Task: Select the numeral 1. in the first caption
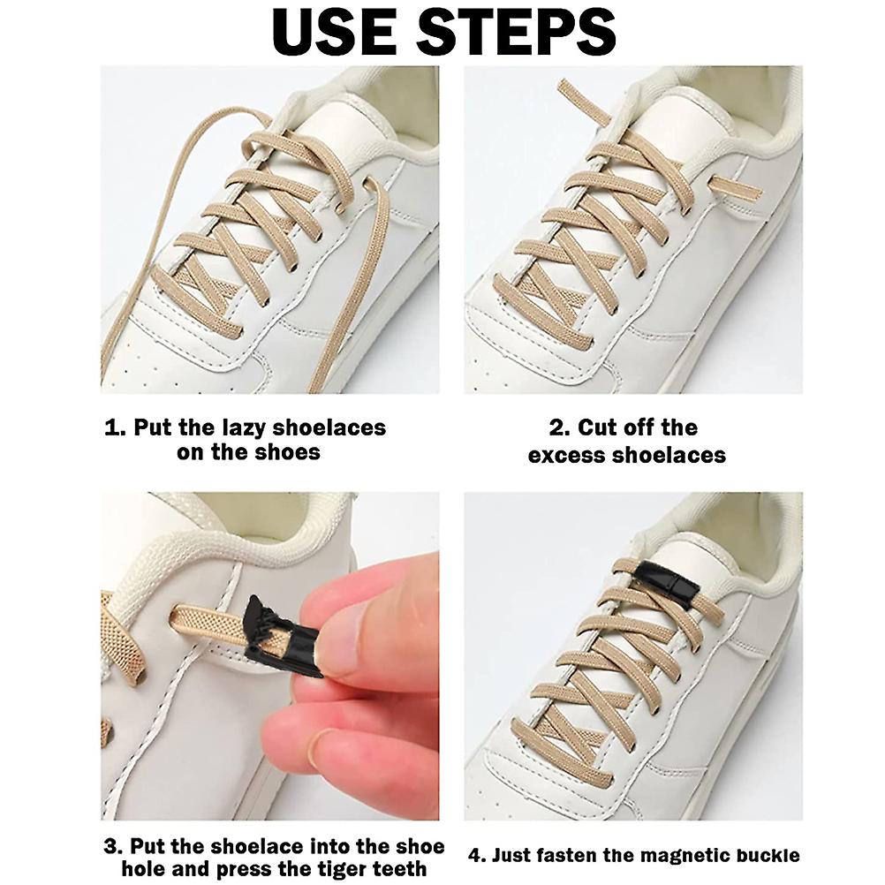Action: click(x=116, y=427)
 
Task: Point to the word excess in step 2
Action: click(x=560, y=455)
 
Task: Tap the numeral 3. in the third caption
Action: click(x=114, y=846)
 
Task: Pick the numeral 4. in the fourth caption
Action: click(x=477, y=856)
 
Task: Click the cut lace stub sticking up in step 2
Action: click(x=583, y=102)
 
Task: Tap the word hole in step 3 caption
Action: click(x=143, y=868)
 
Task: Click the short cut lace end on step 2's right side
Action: click(x=734, y=187)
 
